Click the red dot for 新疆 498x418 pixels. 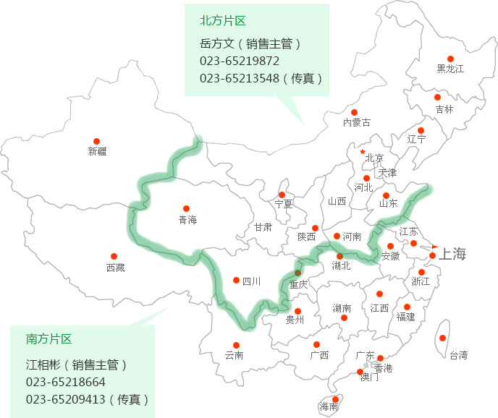pos(96,142)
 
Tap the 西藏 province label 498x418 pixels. pos(115,268)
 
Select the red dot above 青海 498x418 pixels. pos(186,208)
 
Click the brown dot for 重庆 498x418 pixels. pos(298,273)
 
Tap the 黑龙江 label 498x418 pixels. pos(450,69)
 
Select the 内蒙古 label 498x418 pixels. pos(356,123)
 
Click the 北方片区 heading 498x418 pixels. pos(223,20)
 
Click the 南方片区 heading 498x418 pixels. pos(49,338)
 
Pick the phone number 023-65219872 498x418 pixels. pos(240,61)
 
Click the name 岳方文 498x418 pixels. pos(216,43)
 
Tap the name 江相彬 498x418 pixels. pos(42,364)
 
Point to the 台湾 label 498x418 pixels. pos(458,355)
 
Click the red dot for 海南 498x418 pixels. pos(335,398)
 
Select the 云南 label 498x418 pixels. pos(234,355)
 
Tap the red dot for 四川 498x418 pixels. pos(236,280)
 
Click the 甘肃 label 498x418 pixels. pos(263,227)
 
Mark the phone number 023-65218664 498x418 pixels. pos(66,382)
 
